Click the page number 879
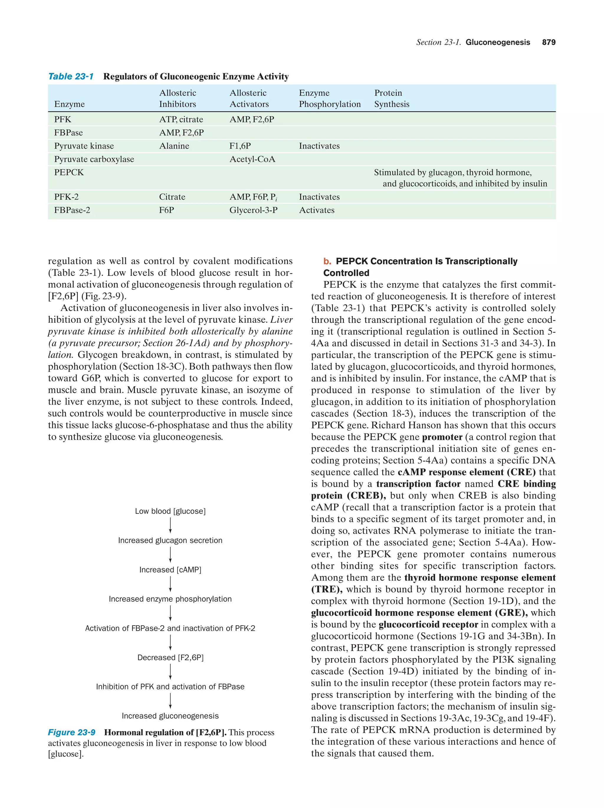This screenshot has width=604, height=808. tap(549, 42)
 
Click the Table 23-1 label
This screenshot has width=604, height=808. tap(71, 76)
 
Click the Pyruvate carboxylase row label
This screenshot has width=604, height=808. tap(94, 159)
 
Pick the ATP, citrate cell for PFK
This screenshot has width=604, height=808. tap(181, 119)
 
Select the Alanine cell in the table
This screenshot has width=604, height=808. tap(174, 146)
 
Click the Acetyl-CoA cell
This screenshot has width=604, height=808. tap(252, 159)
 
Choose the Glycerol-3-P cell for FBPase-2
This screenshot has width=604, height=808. tap(253, 210)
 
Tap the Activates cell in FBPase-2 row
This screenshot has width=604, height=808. tap(316, 210)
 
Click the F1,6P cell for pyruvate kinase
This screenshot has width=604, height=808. tap(240, 146)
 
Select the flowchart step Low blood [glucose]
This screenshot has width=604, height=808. tap(170, 511)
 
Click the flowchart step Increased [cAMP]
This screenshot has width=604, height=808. tap(170, 570)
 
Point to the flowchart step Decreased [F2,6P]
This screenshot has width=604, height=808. tap(170, 657)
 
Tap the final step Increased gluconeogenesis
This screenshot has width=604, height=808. tap(170, 716)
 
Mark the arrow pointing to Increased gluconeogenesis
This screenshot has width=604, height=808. tap(170, 701)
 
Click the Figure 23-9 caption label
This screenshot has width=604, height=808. tap(72, 732)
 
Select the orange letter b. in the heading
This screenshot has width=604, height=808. tap(327, 261)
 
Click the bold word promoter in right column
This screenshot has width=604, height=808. tap(442, 437)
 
